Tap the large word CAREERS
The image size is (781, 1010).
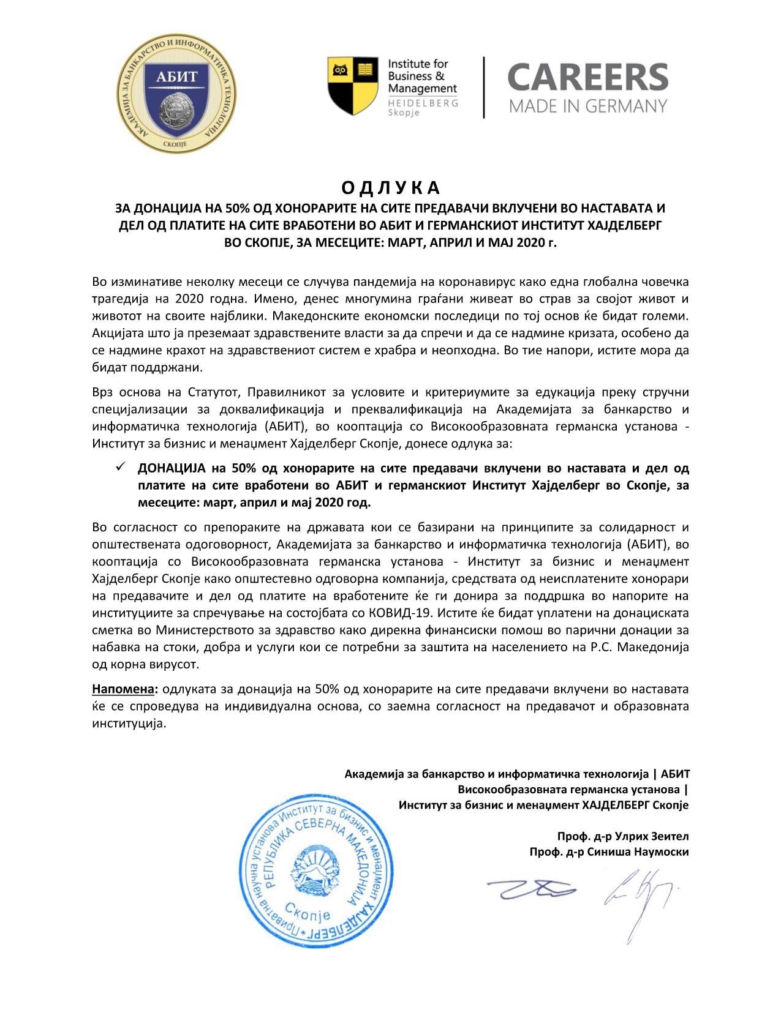(587, 77)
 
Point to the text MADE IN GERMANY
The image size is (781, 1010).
(587, 107)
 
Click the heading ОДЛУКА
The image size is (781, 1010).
(390, 186)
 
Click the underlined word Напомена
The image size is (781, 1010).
(124, 689)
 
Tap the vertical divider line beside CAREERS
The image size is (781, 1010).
(484, 87)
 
